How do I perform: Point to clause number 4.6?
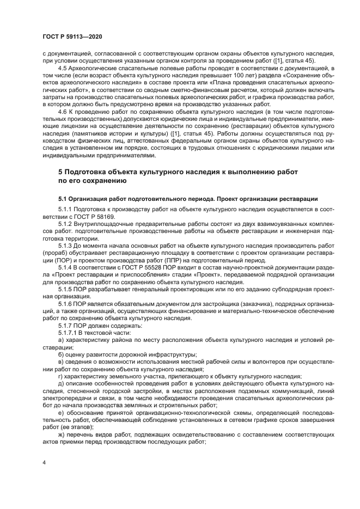point(64,111)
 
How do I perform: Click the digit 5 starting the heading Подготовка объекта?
point(61,171)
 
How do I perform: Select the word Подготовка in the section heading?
point(88,171)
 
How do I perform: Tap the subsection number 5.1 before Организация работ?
point(63,198)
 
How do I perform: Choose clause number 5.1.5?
point(66,288)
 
